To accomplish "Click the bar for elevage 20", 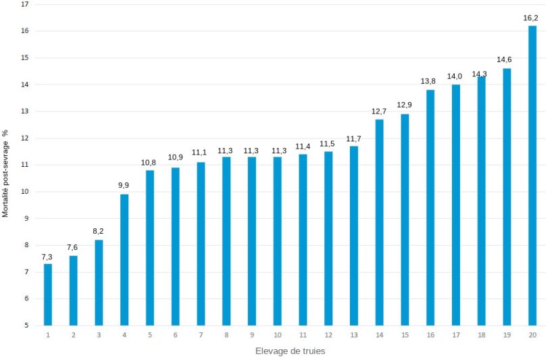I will pos(532,176).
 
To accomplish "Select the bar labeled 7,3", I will pos(48,294).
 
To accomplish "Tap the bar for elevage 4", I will pos(124,260).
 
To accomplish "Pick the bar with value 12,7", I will pos(379,222).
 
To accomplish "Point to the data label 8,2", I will pos(99,232).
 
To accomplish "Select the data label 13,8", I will pos(428,81).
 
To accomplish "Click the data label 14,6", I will pos(505,59).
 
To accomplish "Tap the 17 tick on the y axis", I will pos(25,4).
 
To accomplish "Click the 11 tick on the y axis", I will pos(25,165).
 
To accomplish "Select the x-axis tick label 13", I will pos(353,335).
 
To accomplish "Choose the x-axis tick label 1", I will pos(48,335).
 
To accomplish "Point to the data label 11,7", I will pos(353,139).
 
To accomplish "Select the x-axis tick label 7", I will pos(201,335).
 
